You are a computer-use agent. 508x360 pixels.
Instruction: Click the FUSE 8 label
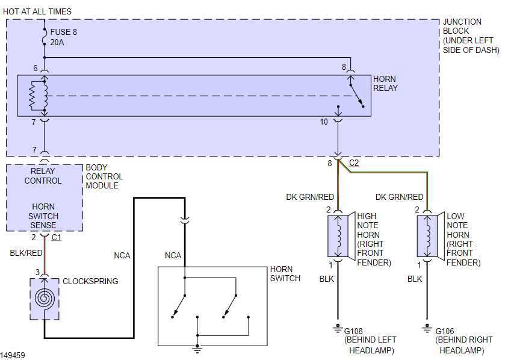click(x=64, y=32)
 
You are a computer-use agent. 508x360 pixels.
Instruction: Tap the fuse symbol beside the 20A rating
click(x=45, y=37)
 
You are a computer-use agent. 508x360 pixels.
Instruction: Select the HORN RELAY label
click(x=385, y=84)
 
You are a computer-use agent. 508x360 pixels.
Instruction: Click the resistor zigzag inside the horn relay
click(x=33, y=96)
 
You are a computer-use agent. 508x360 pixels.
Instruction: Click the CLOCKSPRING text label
click(x=90, y=281)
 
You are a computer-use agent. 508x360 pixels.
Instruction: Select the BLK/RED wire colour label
click(x=26, y=253)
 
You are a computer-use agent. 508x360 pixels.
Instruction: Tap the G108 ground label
click(x=353, y=331)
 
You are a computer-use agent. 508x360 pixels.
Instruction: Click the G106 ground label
click(x=444, y=331)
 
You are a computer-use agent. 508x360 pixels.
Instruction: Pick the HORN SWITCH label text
click(x=285, y=274)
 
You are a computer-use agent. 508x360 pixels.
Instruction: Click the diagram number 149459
click(x=13, y=355)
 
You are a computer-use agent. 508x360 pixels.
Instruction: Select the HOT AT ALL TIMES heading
click(x=37, y=11)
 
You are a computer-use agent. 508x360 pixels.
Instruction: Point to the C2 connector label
click(x=354, y=163)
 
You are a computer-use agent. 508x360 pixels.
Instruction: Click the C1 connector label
click(x=57, y=238)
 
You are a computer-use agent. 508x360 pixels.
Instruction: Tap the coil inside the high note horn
click(x=339, y=237)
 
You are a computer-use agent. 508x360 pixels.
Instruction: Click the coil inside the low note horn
click(x=429, y=237)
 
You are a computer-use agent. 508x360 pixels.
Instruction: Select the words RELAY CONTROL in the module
click(x=43, y=176)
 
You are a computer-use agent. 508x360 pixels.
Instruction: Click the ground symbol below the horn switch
click(x=197, y=349)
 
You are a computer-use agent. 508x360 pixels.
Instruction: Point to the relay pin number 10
click(x=324, y=122)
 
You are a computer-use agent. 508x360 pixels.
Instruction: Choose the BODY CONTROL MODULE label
click(x=104, y=176)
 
